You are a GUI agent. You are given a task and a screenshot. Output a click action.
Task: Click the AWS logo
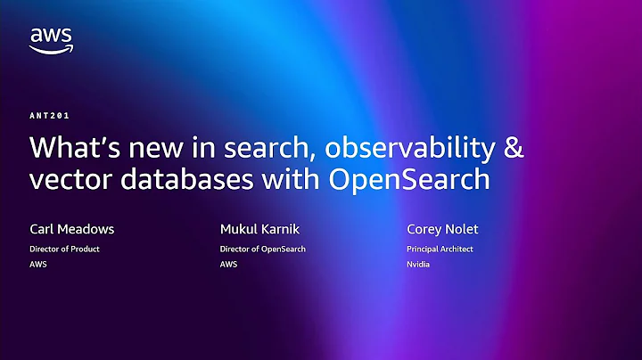(x=51, y=39)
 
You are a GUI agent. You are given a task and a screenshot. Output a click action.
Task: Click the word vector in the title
(x=67, y=178)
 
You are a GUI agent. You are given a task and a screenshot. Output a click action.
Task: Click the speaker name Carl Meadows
(x=71, y=229)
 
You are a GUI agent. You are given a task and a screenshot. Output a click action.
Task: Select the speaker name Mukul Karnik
(x=259, y=229)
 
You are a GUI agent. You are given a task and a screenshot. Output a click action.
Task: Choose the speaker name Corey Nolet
(x=443, y=229)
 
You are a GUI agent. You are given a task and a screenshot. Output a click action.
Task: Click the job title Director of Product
(x=64, y=250)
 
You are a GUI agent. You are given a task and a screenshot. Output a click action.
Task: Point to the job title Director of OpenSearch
(x=263, y=250)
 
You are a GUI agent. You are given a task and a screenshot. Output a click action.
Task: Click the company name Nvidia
(x=419, y=265)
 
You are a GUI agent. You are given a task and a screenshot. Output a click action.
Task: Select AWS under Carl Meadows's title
(x=38, y=265)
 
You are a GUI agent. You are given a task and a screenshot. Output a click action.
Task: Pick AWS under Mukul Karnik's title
(x=229, y=265)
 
